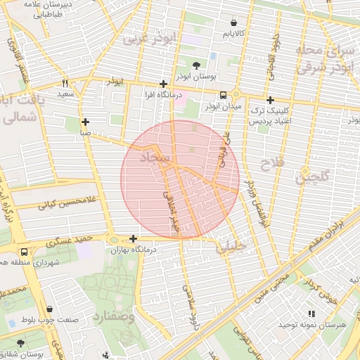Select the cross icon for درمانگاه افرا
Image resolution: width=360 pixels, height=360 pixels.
click(x=163, y=83)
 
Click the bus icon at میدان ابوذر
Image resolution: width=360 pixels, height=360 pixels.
click(x=223, y=96)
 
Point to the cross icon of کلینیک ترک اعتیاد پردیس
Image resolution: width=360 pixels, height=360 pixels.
click(x=270, y=100)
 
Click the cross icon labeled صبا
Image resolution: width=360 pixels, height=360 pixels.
click(x=85, y=121)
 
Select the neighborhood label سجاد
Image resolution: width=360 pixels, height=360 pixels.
click(x=155, y=160)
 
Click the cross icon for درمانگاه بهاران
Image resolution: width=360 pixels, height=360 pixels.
click(x=133, y=238)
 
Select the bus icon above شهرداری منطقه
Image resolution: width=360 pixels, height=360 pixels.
click(x=25, y=252)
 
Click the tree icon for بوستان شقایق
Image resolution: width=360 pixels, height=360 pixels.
click(x=19, y=344)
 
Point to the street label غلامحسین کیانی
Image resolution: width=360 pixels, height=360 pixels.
click(x=55, y=205)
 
